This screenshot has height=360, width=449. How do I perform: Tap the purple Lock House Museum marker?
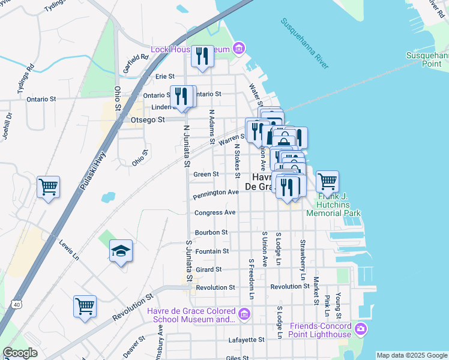tap(240, 48)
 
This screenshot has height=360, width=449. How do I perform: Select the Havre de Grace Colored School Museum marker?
tap(244, 314)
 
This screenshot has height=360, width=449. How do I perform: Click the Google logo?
tap(20, 353)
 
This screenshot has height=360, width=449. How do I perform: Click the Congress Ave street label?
tap(214, 212)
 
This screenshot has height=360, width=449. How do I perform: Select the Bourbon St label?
tap(211, 232)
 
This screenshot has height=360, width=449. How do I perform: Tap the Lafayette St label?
tap(247, 340)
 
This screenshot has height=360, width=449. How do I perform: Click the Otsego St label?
tap(148, 120)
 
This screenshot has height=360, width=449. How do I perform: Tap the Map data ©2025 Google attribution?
tap(412, 355)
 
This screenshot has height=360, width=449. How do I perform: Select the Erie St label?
tap(164, 77)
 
